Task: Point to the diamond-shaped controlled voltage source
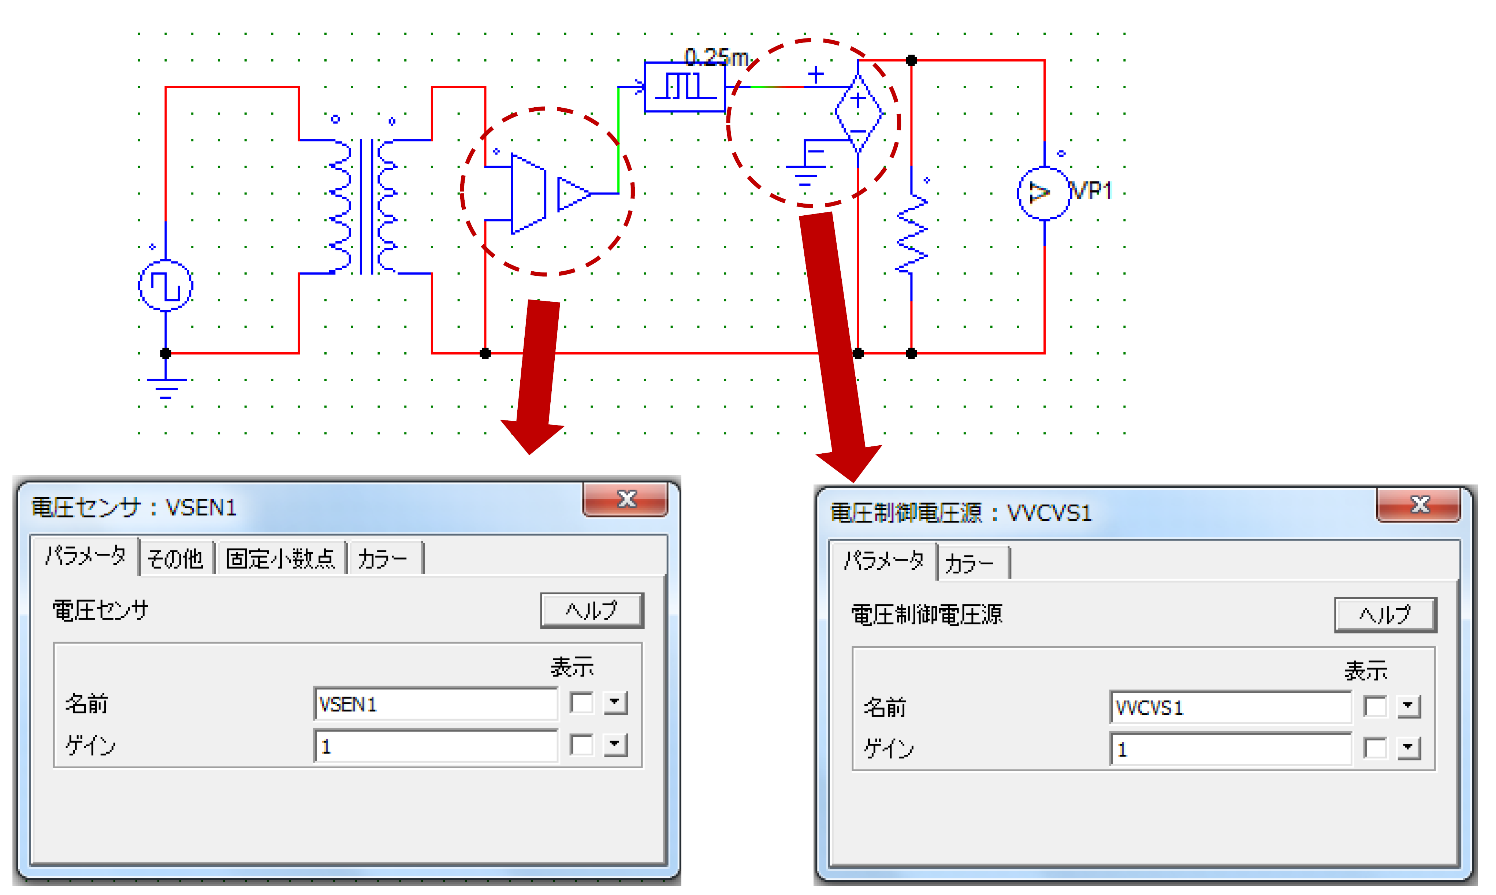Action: click(x=858, y=114)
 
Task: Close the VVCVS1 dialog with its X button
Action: click(x=1419, y=505)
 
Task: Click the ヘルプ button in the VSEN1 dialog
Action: click(x=592, y=610)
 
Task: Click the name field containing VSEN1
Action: click(x=435, y=704)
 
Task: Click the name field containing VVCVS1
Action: click(x=1230, y=708)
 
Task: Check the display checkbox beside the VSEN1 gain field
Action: click(x=581, y=745)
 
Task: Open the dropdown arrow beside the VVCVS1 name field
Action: click(x=1408, y=706)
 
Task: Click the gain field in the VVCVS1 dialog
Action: click(x=1230, y=749)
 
